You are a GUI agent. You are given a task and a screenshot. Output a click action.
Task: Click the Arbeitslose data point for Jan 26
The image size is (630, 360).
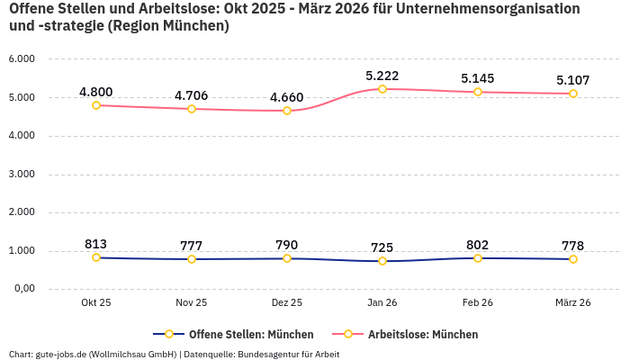(382, 89)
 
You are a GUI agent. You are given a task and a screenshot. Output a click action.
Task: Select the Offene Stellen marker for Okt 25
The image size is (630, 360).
(96, 257)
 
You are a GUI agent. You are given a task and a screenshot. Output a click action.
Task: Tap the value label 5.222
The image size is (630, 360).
(382, 76)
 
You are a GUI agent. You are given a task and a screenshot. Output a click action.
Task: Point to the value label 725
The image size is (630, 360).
(382, 247)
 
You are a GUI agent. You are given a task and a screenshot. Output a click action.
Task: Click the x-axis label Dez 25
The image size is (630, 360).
(287, 302)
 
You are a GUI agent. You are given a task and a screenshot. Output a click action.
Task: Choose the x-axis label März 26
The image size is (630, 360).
(573, 302)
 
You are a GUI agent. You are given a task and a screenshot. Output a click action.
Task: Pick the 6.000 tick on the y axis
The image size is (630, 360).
(21, 59)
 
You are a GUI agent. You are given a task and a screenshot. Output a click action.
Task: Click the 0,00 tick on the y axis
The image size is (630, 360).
(22, 289)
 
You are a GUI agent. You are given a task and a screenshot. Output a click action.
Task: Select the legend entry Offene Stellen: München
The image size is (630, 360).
(233, 334)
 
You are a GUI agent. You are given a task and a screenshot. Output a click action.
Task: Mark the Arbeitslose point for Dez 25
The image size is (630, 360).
(287, 111)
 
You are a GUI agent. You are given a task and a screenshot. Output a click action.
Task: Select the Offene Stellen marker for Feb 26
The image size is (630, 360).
(478, 258)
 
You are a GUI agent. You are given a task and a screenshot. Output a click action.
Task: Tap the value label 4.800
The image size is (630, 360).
(96, 92)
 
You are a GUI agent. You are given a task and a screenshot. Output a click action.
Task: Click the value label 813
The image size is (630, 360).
(96, 244)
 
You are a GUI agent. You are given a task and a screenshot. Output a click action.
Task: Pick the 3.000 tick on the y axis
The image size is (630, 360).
(21, 174)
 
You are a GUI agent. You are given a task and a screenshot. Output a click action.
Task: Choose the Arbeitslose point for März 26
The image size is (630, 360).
(573, 94)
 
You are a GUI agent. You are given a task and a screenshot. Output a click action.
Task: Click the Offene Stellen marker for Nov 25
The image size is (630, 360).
(192, 259)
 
